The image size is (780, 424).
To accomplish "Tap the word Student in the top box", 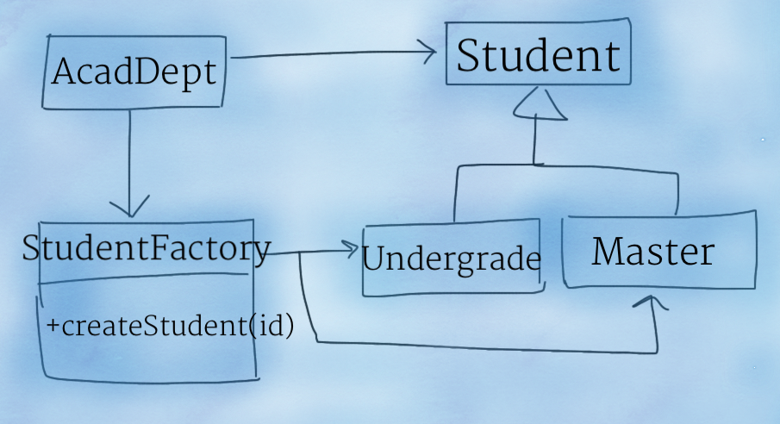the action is [539, 55].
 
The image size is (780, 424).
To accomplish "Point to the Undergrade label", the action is [452, 259].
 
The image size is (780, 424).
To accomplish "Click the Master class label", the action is [653, 251].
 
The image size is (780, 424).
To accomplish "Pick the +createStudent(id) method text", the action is [170, 326].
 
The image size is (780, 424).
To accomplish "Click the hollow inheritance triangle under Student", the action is [540, 104].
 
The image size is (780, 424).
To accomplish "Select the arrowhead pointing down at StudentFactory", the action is [130, 207].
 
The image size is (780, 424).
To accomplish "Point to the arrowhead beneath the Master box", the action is [651, 302].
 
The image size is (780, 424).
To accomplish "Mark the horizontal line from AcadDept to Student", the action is [334, 53].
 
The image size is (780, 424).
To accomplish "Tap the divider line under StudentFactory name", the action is [144, 277].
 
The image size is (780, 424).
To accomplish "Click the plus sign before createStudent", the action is [53, 326].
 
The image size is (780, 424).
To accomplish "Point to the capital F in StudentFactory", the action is [164, 247].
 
